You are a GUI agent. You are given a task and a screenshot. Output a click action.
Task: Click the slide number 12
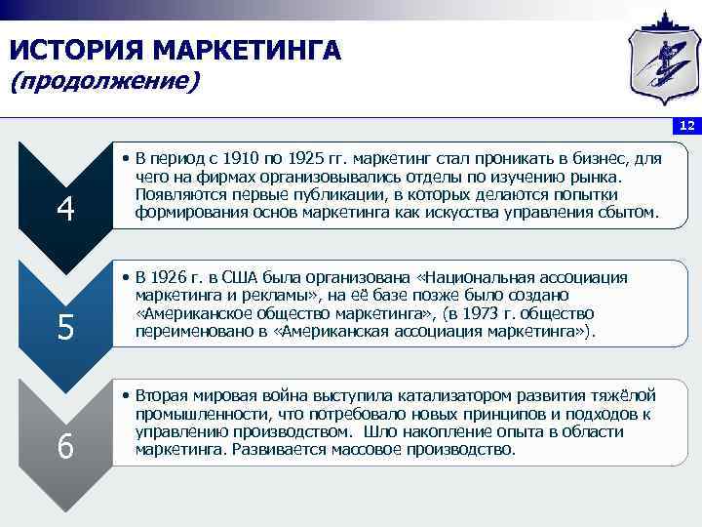click(x=686, y=126)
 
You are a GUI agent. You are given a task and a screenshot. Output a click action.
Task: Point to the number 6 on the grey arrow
click(x=65, y=446)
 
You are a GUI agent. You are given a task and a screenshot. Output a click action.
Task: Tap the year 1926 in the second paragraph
click(x=173, y=278)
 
